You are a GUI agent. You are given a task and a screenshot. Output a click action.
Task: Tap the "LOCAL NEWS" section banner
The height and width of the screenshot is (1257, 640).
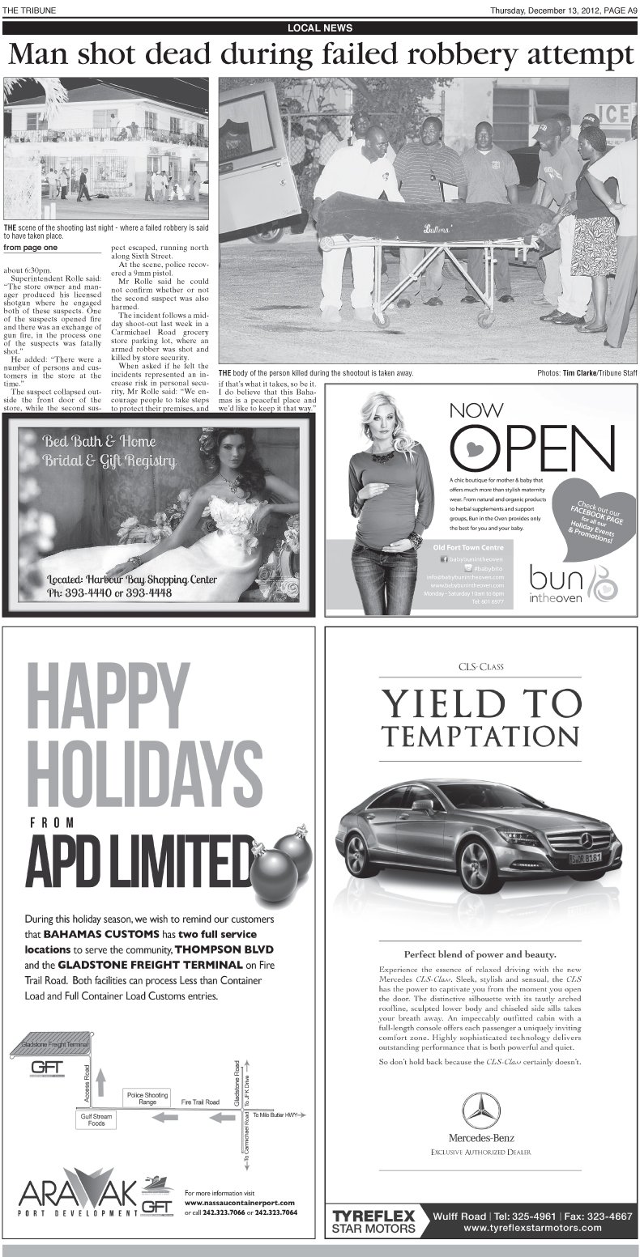320,28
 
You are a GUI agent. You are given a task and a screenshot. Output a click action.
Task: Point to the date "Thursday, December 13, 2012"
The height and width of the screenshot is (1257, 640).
539,10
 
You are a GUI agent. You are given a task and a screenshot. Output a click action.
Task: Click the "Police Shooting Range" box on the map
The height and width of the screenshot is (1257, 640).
147,1098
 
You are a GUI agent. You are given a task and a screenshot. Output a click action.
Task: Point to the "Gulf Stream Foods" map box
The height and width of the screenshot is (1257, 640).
96,1119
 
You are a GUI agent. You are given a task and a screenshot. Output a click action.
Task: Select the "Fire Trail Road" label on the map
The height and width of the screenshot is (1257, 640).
200,1102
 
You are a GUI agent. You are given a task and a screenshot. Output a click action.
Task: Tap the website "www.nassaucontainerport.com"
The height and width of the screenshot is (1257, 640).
239,1203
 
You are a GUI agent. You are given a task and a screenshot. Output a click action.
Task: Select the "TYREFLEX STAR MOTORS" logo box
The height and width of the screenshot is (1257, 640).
374,1221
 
